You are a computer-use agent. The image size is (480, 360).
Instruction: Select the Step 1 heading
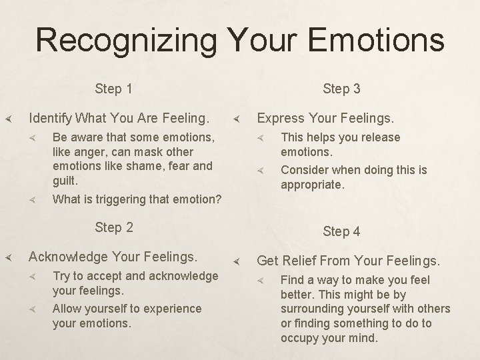coord(113,89)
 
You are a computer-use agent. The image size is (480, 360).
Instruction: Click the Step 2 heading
coord(113,227)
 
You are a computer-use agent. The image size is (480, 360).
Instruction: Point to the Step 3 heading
coord(341,89)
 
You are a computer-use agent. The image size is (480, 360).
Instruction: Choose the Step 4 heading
coord(341,231)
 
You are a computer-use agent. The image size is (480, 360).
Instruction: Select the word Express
coord(280,119)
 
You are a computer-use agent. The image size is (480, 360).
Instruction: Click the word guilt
coord(65,180)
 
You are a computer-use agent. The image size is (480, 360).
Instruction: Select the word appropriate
coord(313,185)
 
